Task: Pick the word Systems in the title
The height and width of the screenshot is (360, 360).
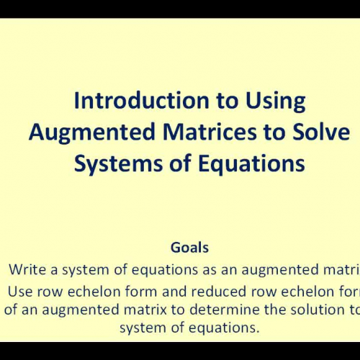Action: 114,164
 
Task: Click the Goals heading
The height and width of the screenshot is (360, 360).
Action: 189,247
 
